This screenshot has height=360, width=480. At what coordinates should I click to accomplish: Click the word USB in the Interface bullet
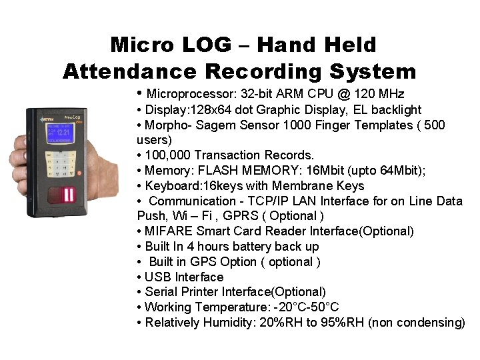click(158, 277)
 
